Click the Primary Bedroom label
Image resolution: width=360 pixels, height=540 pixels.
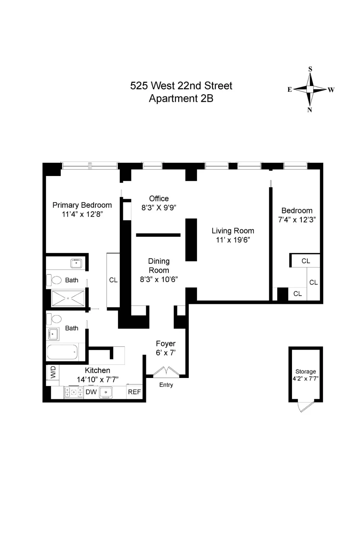82,205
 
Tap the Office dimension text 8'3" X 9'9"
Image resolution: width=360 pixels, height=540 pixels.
159,208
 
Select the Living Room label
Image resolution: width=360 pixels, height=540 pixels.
233,231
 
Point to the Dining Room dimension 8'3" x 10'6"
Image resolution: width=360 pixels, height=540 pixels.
159,279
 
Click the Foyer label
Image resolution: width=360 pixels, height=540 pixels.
166,343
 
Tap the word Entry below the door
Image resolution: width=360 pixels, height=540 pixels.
166,385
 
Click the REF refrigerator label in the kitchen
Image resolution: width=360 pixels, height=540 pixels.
134,392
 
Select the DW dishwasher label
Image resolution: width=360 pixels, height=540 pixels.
91,392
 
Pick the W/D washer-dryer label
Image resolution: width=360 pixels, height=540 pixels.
53,372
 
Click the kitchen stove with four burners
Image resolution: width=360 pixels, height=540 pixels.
74,392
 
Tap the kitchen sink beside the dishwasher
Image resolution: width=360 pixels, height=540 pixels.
105,392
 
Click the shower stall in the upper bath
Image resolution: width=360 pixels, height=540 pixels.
68,298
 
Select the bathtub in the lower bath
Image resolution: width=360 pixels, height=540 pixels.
62,352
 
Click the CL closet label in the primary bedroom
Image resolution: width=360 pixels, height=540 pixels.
113,280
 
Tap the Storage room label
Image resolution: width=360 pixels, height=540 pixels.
306,372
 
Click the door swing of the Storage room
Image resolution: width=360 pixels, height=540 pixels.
306,406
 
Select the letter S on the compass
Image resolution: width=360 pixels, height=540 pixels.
310,69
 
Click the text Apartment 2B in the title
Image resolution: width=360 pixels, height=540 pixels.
181,99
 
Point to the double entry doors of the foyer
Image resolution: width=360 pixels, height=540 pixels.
166,372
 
